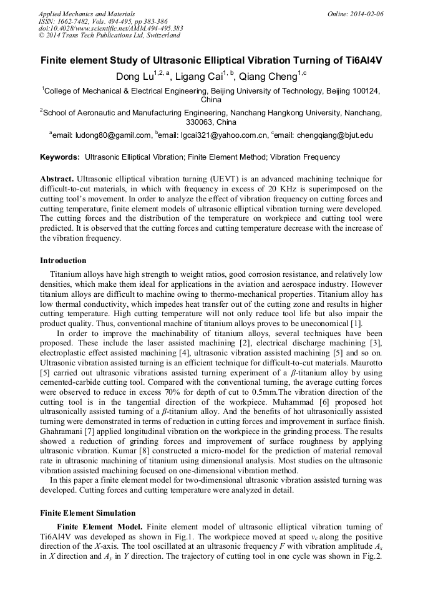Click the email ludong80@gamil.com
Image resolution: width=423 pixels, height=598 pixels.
112,135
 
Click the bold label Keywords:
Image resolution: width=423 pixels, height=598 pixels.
60,157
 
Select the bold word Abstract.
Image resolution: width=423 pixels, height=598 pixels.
57,179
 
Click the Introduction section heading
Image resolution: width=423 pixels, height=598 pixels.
63,260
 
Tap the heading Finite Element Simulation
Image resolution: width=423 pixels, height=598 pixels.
87,513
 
